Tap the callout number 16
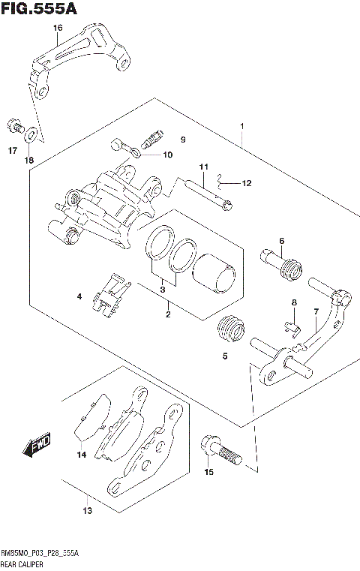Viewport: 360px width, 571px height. click(57, 29)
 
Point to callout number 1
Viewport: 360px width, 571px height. click(242, 126)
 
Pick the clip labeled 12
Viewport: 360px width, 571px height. click(219, 181)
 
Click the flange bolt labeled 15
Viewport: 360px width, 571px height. click(219, 452)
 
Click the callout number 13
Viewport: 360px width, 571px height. click(87, 511)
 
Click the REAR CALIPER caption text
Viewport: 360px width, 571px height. click(22, 563)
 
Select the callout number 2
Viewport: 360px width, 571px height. click(168, 314)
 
